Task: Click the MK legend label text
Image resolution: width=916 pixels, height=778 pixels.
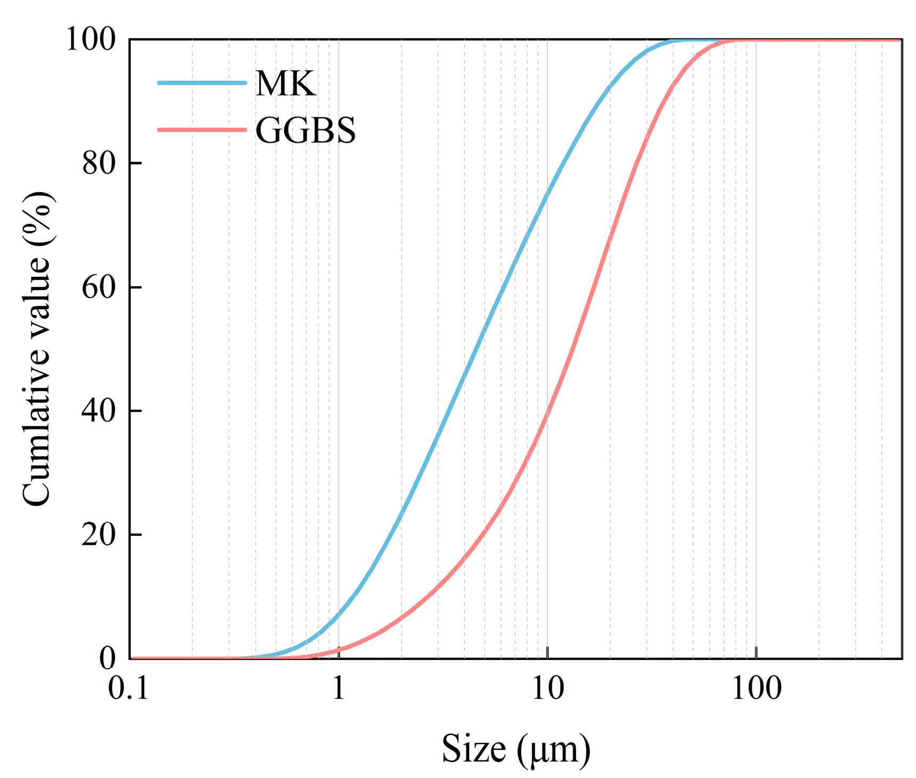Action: [285, 84]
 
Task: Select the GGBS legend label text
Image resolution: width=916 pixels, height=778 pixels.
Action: [306, 130]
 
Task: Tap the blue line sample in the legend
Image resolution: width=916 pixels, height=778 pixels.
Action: [202, 83]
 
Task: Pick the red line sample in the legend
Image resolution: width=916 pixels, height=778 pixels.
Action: [202, 130]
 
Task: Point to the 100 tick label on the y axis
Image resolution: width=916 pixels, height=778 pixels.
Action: [90, 39]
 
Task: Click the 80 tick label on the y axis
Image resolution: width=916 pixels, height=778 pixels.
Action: [99, 163]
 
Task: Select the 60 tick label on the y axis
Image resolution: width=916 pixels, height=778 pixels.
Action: [99, 287]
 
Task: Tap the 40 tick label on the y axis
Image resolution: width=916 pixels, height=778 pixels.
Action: [99, 411]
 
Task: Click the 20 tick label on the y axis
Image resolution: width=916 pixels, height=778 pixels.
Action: [99, 535]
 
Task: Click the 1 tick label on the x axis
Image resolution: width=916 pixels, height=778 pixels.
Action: [339, 689]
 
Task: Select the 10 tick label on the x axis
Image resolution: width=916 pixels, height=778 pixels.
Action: [547, 689]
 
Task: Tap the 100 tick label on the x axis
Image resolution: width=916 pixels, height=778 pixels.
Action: [756, 689]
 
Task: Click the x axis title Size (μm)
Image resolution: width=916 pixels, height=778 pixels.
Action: [516, 749]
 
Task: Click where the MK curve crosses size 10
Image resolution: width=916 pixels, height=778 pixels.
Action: [547, 193]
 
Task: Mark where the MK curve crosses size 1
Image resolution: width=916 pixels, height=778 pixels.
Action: [339, 616]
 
